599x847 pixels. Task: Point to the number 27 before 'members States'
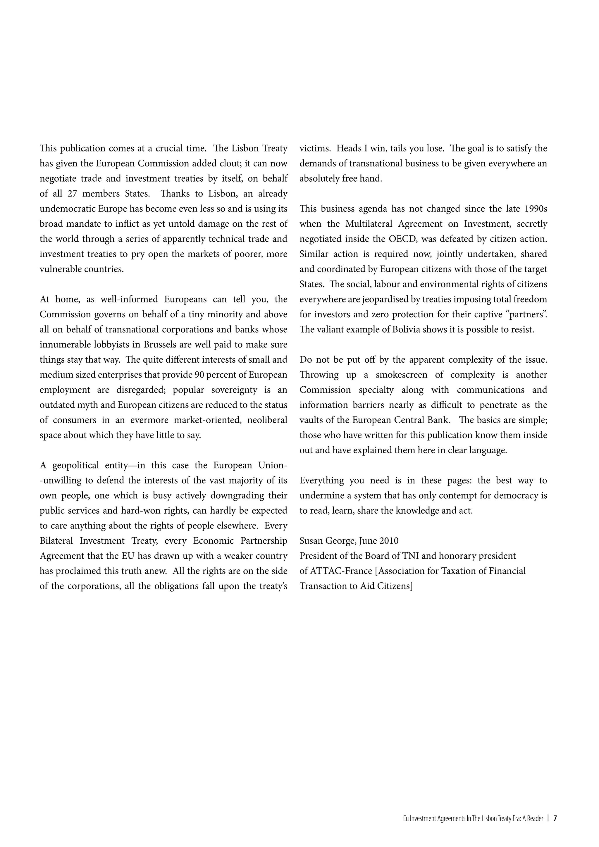[x=72, y=194]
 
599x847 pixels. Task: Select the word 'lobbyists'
[x=113, y=345]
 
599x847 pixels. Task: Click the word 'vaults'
[x=311, y=420]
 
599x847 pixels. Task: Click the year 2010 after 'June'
[x=389, y=541]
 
